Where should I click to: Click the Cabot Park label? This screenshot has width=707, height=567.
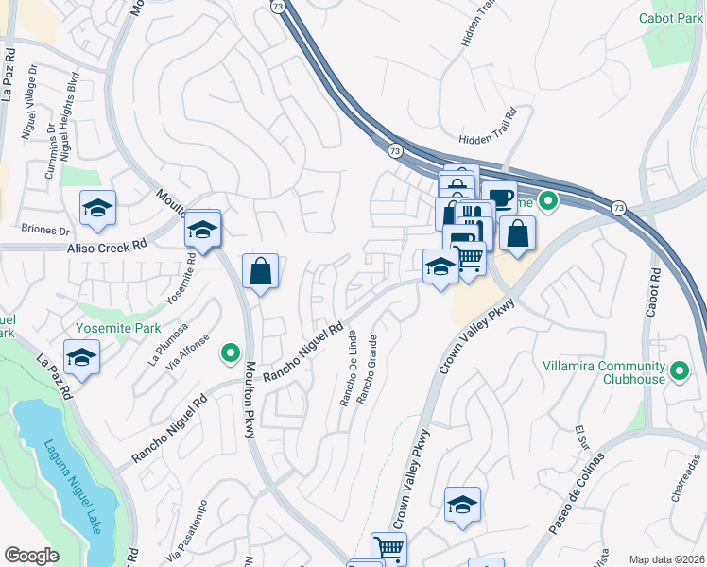666,18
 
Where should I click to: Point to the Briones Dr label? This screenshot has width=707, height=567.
45,230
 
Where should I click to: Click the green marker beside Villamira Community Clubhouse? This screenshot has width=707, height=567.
680,372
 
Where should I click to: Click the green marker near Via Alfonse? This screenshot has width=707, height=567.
229,353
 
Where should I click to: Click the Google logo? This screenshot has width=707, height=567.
32,556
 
